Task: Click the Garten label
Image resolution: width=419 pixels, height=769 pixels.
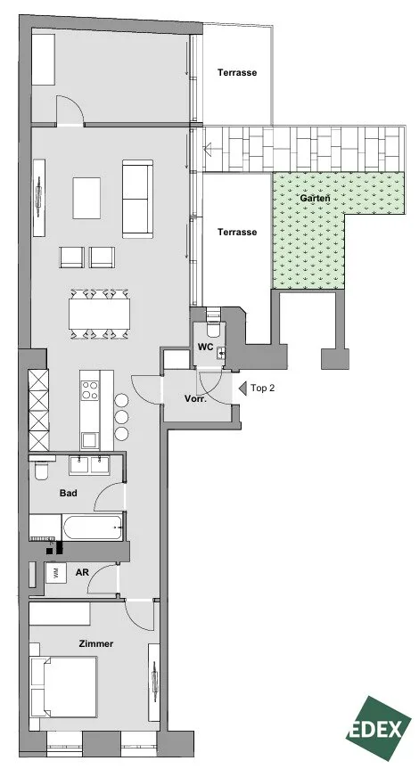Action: click(x=315, y=198)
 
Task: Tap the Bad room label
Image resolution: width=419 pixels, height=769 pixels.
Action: click(x=68, y=493)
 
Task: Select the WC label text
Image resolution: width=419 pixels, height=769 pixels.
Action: click(x=205, y=347)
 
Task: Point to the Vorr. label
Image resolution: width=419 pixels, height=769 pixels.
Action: click(x=196, y=398)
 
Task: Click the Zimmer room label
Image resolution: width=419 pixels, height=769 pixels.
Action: click(x=96, y=643)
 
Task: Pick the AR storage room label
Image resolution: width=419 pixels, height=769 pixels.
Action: click(x=82, y=572)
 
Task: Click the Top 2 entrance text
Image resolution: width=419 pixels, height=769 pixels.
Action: click(x=262, y=388)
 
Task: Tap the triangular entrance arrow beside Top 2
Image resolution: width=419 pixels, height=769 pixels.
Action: click(x=242, y=388)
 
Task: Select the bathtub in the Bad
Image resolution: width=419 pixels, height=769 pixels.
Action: click(x=93, y=528)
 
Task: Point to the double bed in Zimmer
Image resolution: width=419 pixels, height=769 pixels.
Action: click(x=63, y=688)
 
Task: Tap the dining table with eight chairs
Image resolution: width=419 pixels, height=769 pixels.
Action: click(x=100, y=314)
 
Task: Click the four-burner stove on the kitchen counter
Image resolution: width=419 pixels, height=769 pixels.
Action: click(x=90, y=390)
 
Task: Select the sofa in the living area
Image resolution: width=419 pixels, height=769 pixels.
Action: click(x=137, y=199)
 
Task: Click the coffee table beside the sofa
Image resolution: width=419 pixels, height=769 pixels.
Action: click(x=86, y=198)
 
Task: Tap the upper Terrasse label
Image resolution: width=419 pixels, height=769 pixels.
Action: click(x=237, y=72)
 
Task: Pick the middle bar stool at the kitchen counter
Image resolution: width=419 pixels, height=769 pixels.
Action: click(x=121, y=417)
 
